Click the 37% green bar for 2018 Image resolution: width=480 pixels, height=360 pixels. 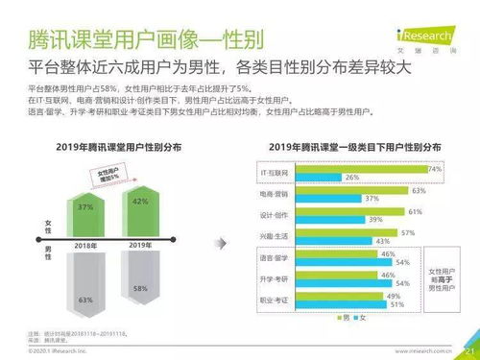(84, 208)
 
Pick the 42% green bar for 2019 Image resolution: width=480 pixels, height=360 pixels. (140, 204)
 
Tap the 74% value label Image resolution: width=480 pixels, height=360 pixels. (434, 168)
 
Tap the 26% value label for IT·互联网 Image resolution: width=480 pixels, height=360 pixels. (352, 178)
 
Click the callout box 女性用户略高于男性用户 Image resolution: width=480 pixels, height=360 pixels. (446, 278)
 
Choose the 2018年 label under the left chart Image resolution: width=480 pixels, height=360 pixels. (84, 246)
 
